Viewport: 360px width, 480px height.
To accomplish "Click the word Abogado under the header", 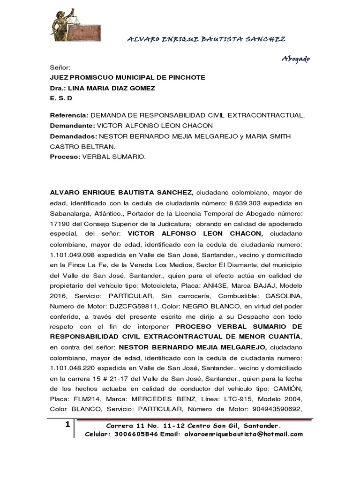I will [x=295, y=59].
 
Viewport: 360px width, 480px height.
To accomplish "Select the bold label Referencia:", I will [x=69, y=115].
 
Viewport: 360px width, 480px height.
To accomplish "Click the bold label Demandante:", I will [x=72, y=126].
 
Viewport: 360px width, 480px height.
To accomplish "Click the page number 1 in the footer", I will [x=68, y=425].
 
